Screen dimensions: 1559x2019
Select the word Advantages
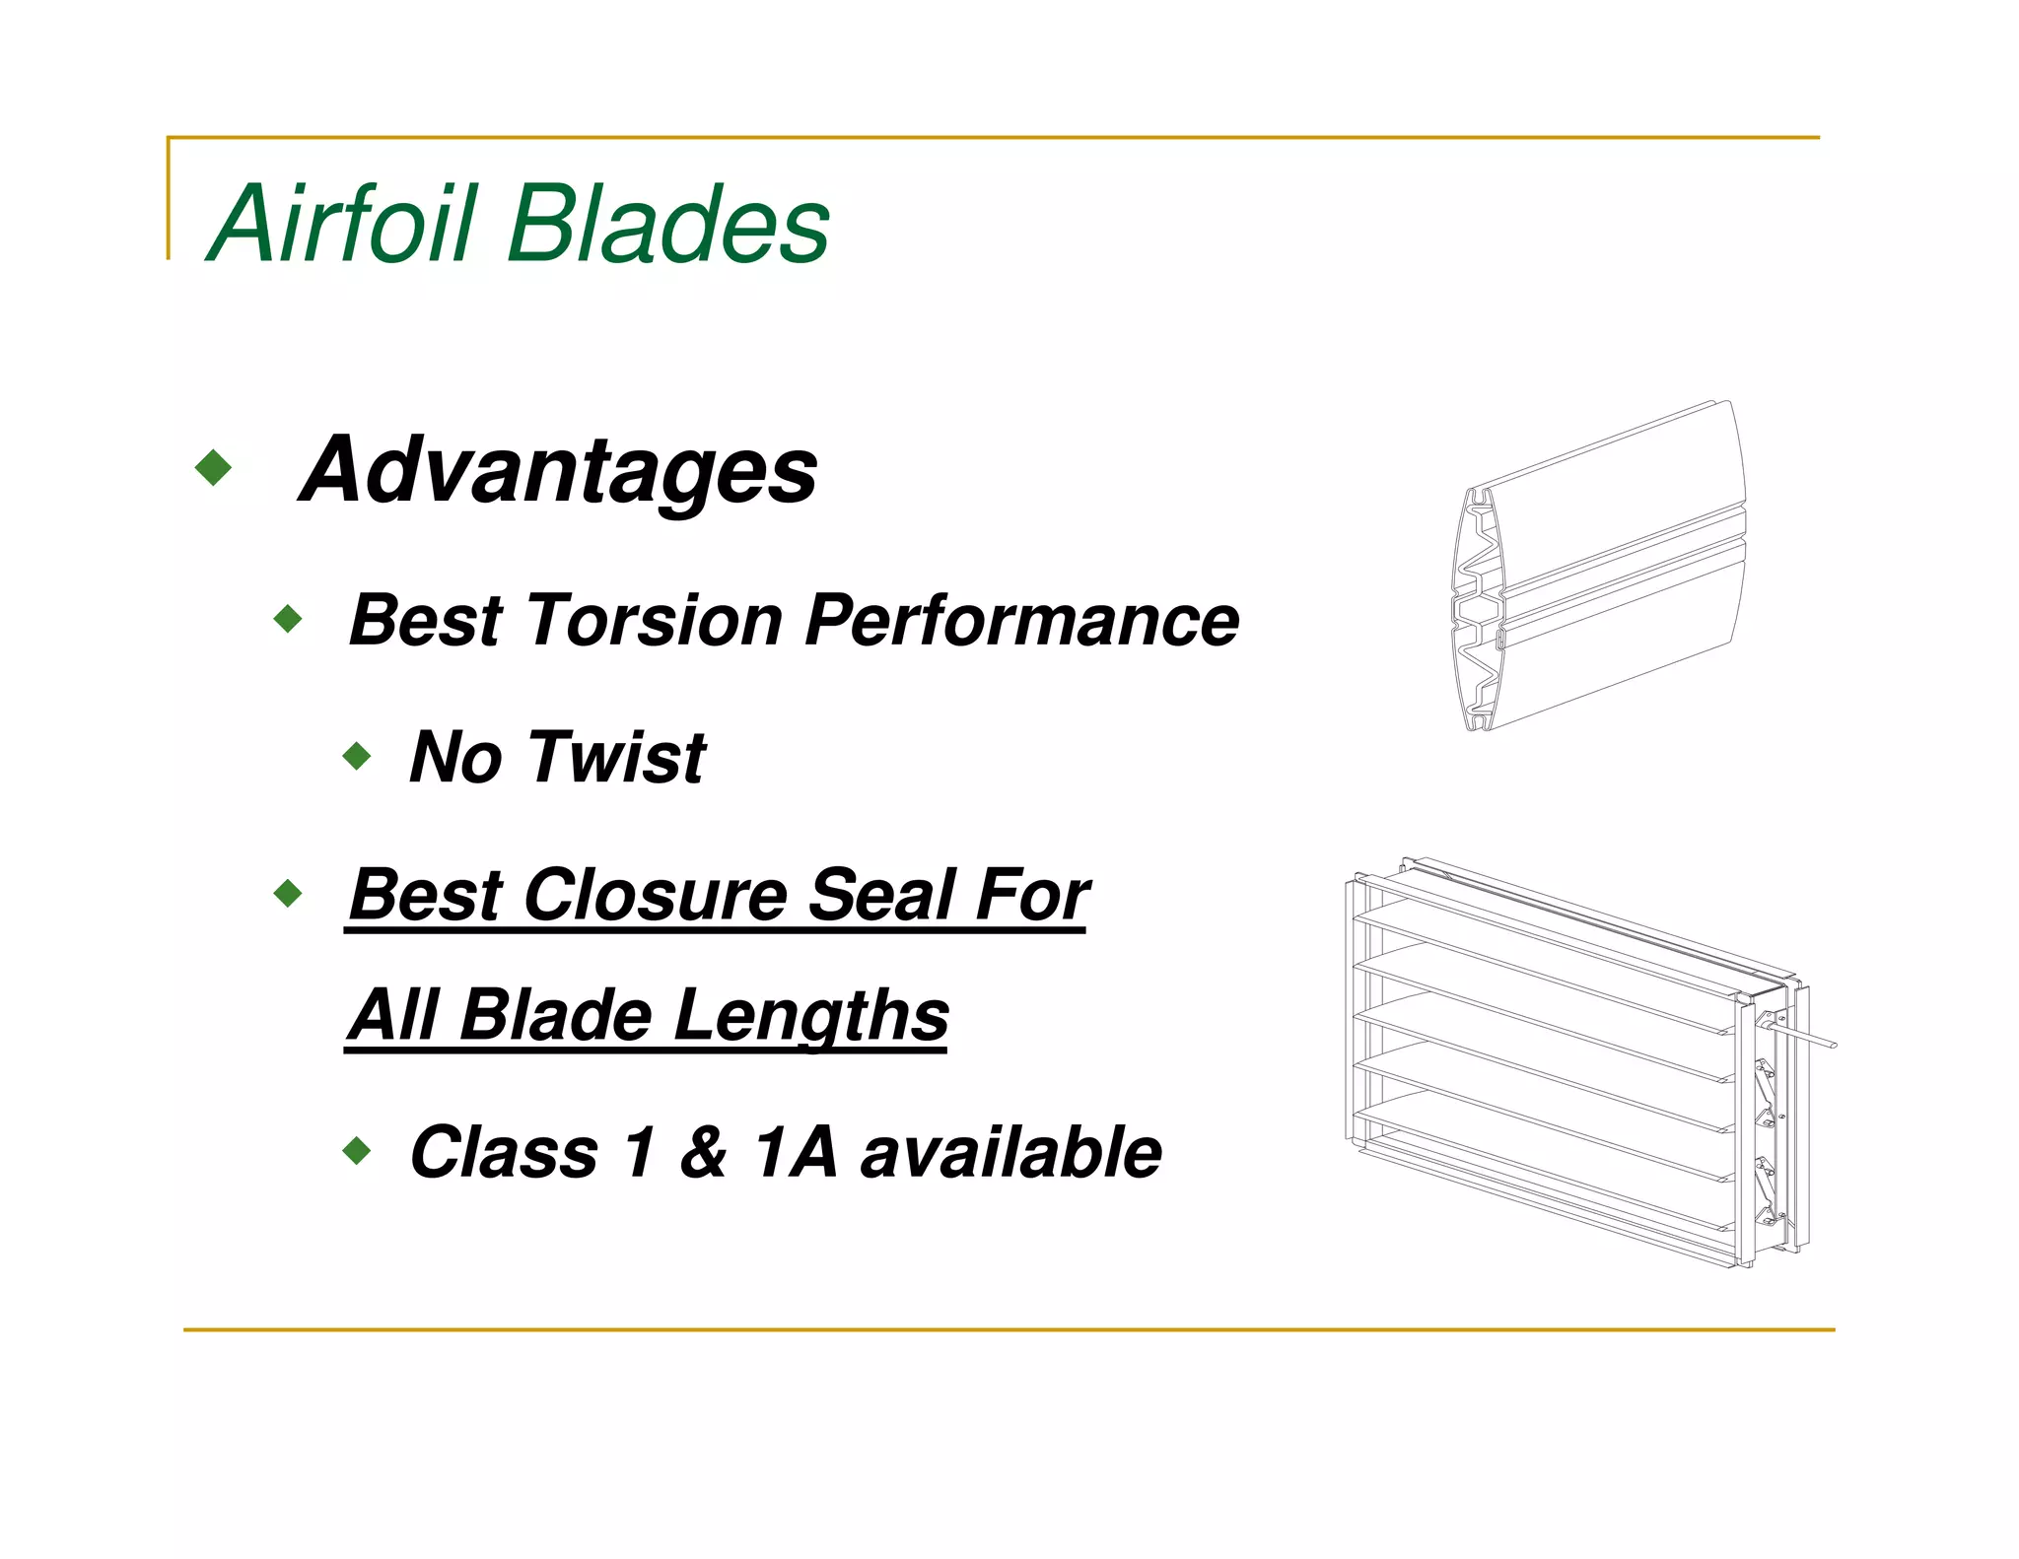(558, 470)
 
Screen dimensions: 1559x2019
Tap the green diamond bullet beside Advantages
(214, 467)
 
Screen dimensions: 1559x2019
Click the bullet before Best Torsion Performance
(288, 619)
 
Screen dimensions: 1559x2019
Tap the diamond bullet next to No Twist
(357, 757)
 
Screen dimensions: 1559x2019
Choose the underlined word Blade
(555, 1016)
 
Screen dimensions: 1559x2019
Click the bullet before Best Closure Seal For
(288, 894)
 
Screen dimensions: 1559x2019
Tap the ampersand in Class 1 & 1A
(703, 1152)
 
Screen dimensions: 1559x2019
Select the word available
(1010, 1152)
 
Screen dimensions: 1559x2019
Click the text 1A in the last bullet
(795, 1152)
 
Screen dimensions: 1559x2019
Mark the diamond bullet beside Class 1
(357, 1150)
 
